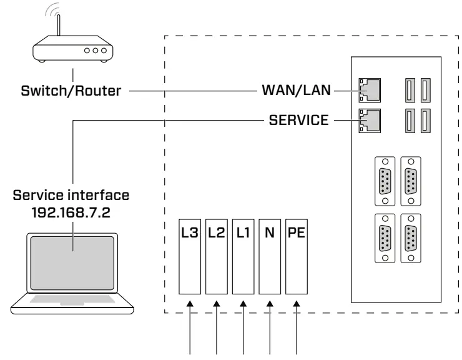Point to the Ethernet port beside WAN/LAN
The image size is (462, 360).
pyautogui.click(x=370, y=91)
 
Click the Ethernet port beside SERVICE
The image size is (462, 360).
pyautogui.click(x=370, y=121)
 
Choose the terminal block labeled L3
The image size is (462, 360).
pyautogui.click(x=190, y=256)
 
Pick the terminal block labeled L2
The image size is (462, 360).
pyautogui.click(x=216, y=256)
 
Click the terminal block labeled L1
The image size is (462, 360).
pyautogui.click(x=243, y=256)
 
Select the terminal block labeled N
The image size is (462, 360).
pyautogui.click(x=270, y=256)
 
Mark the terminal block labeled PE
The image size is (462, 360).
pyautogui.click(x=296, y=256)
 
